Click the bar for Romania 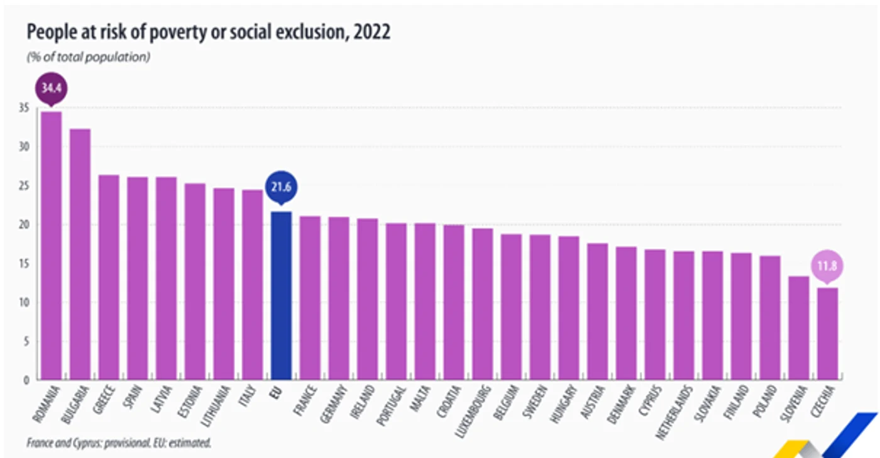(52, 246)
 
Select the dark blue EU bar (282, 295)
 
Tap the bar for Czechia (828, 334)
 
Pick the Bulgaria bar (80, 254)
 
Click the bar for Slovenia (799, 328)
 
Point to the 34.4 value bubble (52, 89)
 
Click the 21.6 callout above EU (282, 187)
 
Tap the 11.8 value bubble (827, 267)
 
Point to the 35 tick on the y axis (24, 107)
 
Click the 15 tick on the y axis (24, 264)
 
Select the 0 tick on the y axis (26, 380)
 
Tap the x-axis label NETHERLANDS (674, 412)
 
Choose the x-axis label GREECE (104, 400)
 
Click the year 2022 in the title (371, 32)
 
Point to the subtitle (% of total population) (89, 57)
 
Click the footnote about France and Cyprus (119, 443)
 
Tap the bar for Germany (339, 298)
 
